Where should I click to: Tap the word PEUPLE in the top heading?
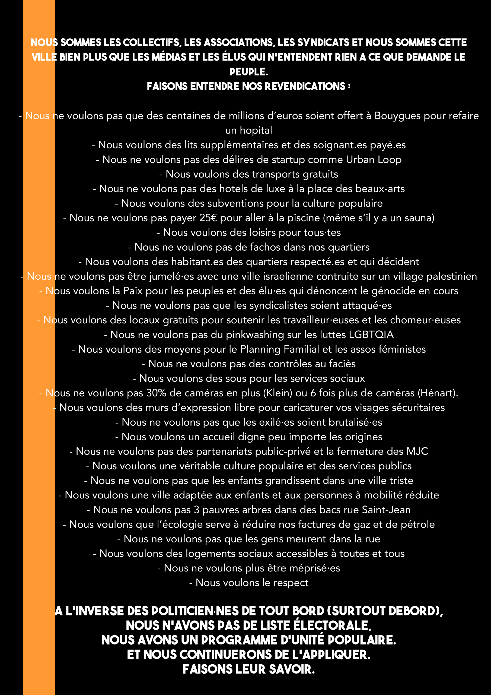pyautogui.click(x=249, y=72)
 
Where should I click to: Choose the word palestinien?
pyautogui.click(x=451, y=276)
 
